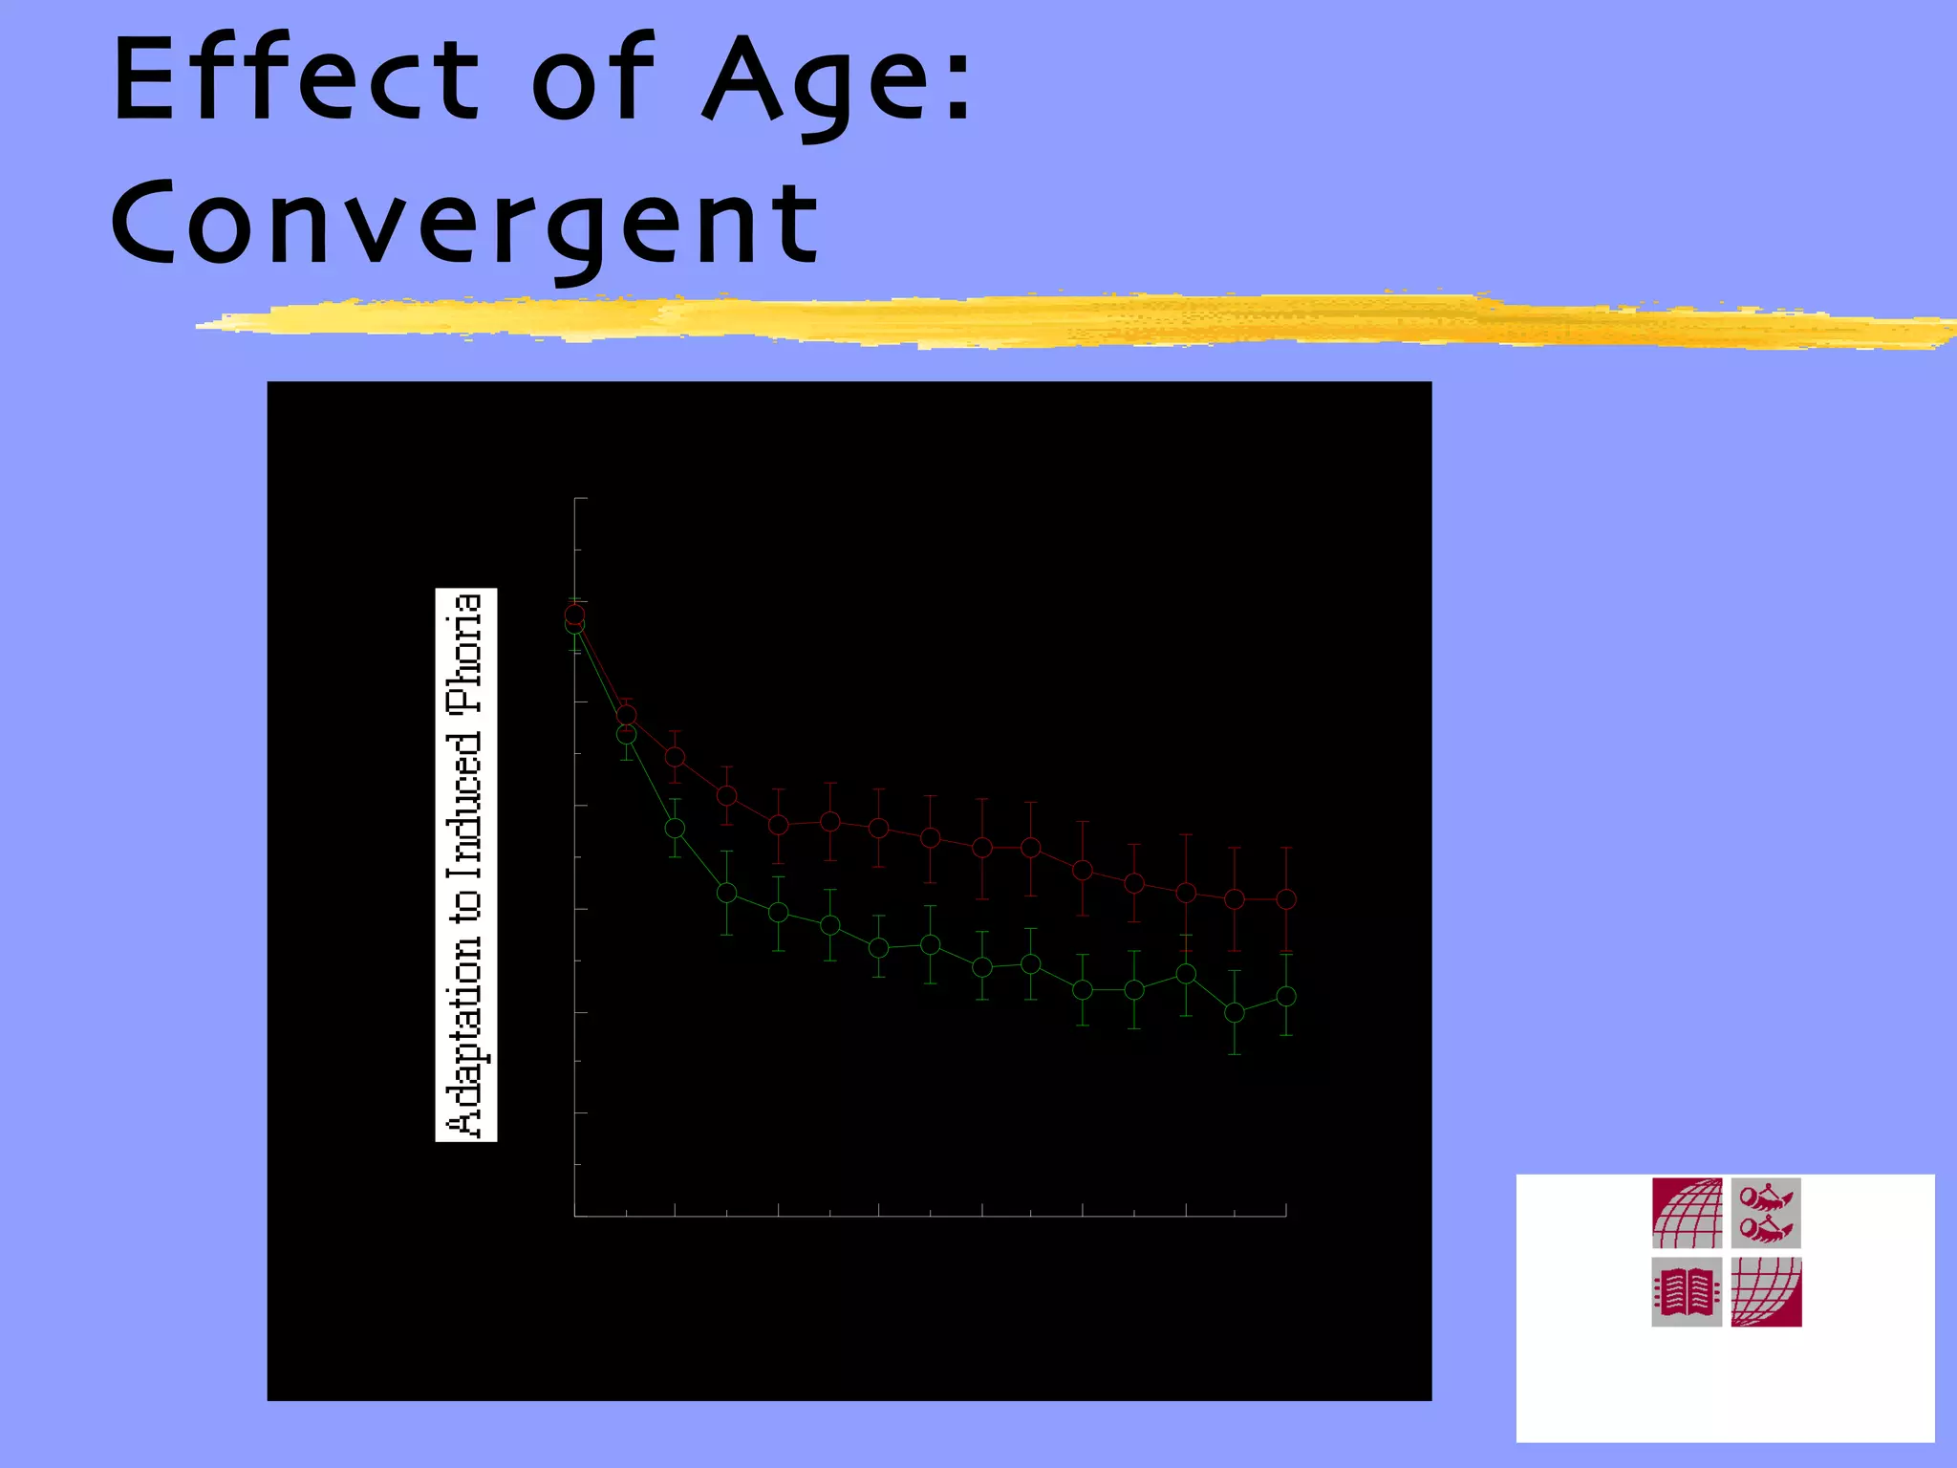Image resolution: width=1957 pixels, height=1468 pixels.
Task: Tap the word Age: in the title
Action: point(837,84)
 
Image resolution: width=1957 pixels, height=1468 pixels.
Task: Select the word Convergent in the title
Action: point(464,225)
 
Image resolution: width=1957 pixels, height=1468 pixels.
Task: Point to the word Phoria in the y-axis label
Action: point(466,654)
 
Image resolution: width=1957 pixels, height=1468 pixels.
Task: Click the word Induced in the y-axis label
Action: point(466,806)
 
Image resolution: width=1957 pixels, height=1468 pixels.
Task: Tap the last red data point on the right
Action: point(1286,898)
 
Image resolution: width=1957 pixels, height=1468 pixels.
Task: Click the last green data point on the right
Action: point(1286,996)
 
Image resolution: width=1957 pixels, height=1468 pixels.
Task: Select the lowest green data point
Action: point(1235,1012)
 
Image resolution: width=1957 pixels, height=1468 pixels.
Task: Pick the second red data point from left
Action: point(626,715)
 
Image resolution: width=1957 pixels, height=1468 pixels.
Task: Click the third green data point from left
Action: point(675,828)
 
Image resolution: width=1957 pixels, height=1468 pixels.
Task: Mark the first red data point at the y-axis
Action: point(574,615)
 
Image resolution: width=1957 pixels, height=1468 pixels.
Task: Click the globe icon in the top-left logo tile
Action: point(1687,1214)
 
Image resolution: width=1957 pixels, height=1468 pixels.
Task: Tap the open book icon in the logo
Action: point(1687,1292)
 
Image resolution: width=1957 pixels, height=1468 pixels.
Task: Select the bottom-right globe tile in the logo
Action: point(1766,1292)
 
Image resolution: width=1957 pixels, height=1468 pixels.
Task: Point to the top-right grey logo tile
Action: point(1766,1214)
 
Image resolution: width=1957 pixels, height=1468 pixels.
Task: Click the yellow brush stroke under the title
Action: point(1051,320)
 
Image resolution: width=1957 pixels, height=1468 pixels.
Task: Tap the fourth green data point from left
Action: point(726,893)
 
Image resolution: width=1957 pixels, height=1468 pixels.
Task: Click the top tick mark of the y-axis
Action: point(580,498)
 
